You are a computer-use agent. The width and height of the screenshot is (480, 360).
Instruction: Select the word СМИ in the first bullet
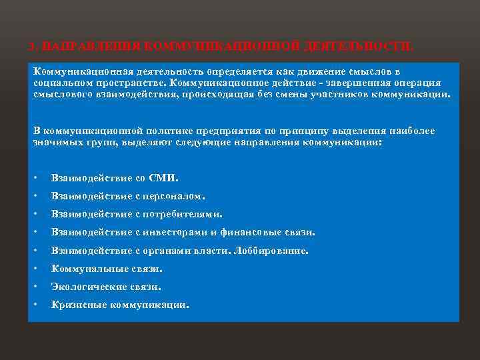[165, 178]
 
